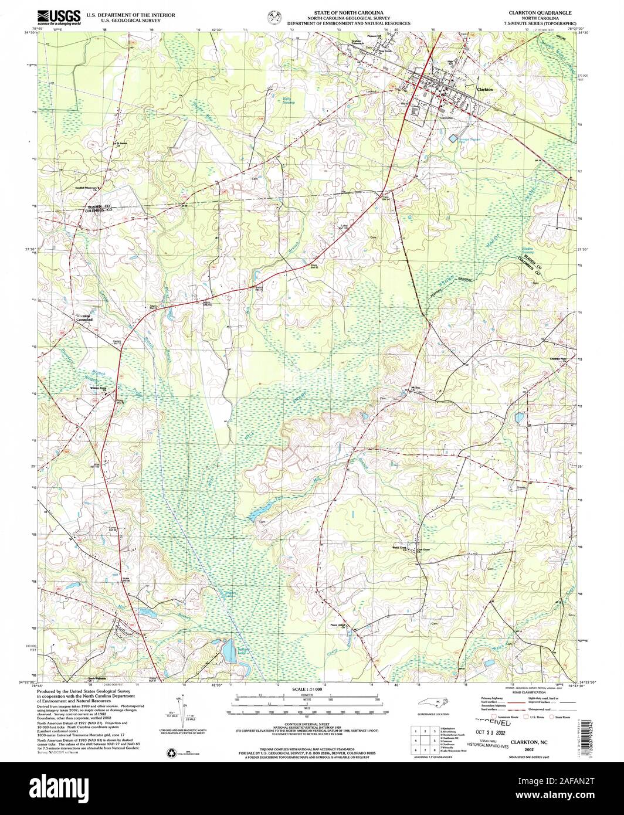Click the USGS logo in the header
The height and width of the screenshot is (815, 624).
[x=59, y=16]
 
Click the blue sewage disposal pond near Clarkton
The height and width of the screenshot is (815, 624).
[x=453, y=138]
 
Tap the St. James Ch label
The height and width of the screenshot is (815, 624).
[x=121, y=143]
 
